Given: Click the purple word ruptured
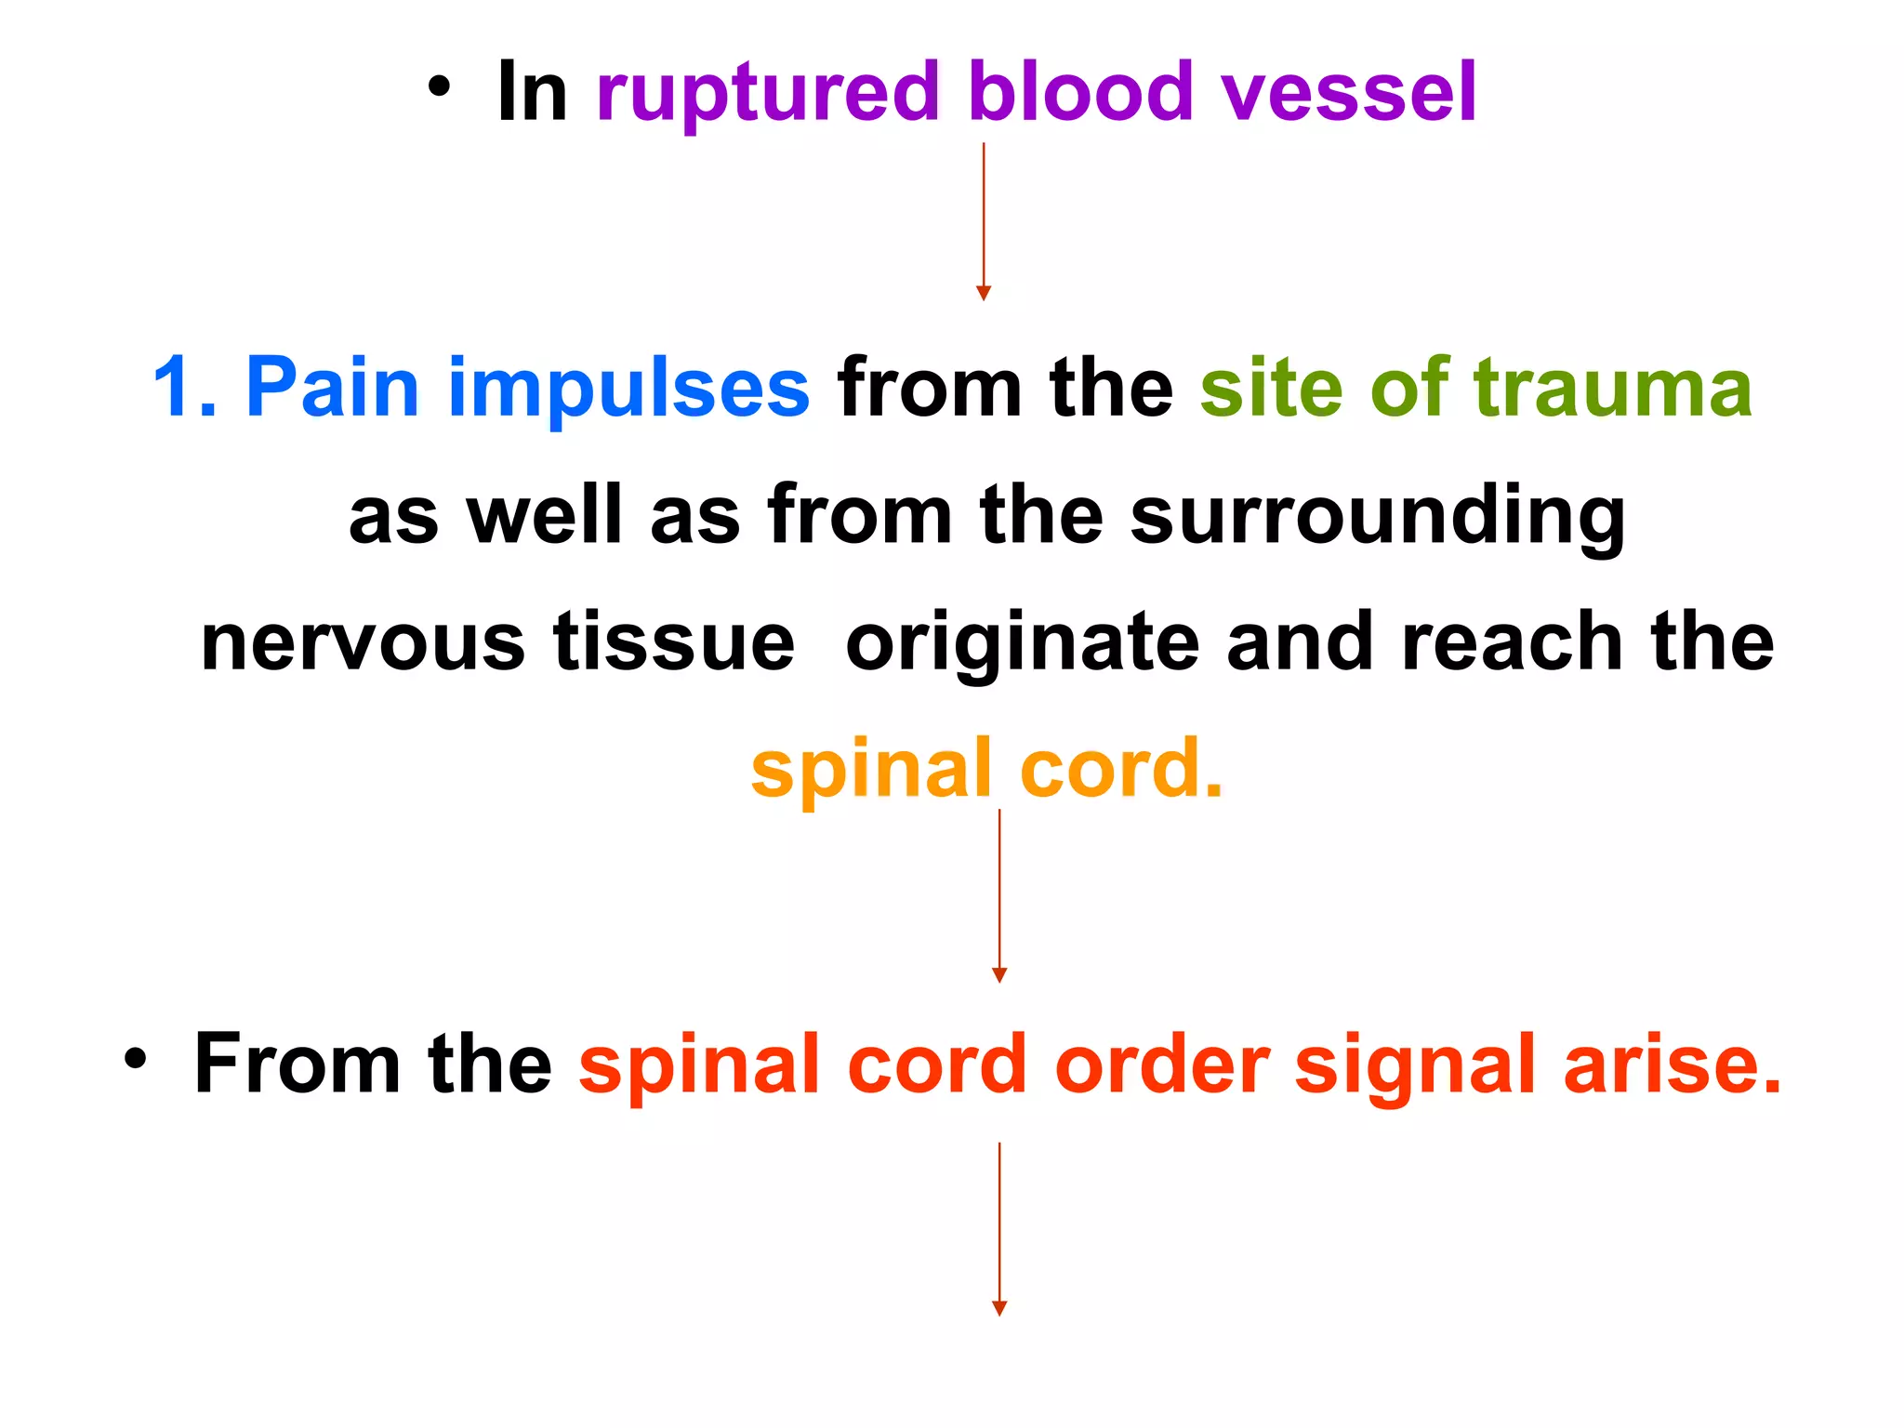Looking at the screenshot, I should click(x=768, y=93).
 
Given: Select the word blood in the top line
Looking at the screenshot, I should click(x=1079, y=93).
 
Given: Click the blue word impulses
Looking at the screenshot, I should click(x=628, y=389).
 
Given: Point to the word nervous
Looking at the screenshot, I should click(x=364, y=643).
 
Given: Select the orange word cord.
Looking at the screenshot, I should click(x=1120, y=768).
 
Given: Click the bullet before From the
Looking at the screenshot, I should click(x=136, y=1060).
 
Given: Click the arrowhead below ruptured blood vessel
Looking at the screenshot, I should click(x=984, y=293).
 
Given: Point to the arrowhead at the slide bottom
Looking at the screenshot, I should click(x=999, y=1308).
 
